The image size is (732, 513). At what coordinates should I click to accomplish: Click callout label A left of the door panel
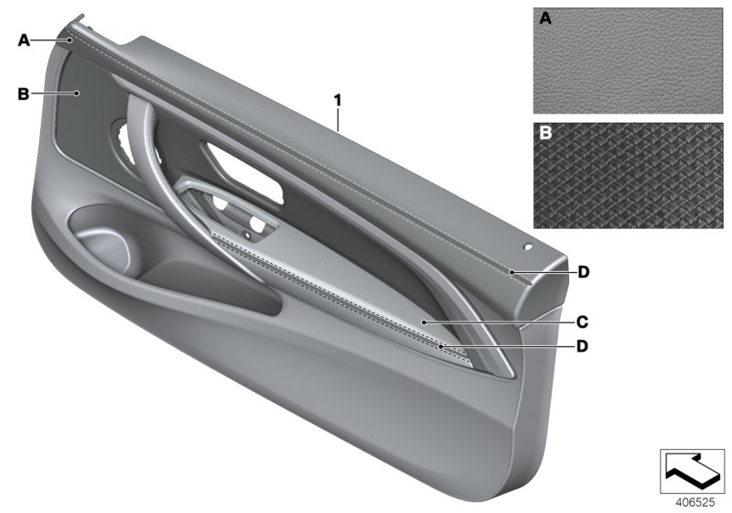tap(24, 39)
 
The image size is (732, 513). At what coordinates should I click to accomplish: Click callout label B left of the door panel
tap(24, 93)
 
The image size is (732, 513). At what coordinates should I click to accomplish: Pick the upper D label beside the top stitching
tap(581, 272)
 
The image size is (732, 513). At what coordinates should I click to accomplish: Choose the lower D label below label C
tap(581, 346)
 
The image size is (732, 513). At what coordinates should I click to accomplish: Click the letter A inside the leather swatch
tap(545, 18)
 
